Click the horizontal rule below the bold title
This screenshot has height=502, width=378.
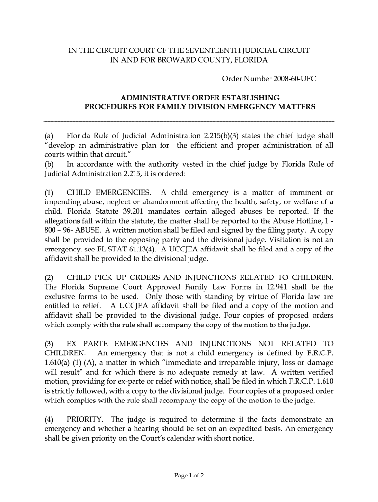point(189,121)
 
